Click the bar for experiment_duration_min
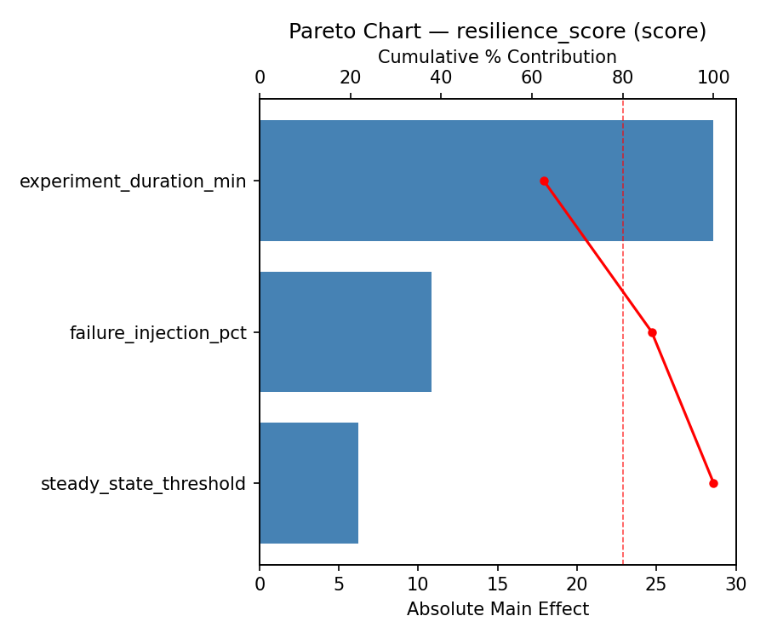486,181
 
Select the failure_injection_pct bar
346,332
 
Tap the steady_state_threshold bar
309,483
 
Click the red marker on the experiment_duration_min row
544,181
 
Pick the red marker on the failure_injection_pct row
652,332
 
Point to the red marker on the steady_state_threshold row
713,483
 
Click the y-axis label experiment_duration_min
133,181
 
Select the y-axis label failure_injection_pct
157,333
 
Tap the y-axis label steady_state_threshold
143,484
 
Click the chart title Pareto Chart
497,32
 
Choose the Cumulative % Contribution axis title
497,57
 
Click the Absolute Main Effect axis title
497,609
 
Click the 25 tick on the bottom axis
656,584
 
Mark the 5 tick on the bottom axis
339,584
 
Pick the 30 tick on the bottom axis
735,584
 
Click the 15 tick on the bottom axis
497,584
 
